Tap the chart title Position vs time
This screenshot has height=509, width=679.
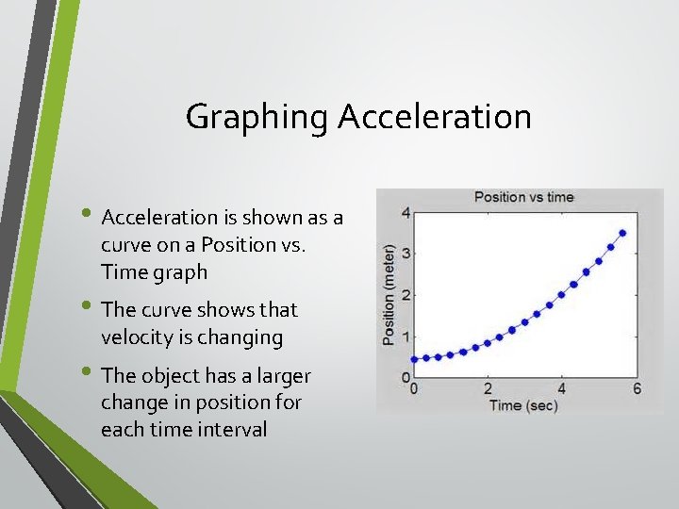(523, 197)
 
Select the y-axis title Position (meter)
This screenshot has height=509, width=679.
(389, 295)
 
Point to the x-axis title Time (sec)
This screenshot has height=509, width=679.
(523, 405)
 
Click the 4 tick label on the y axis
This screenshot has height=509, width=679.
(406, 213)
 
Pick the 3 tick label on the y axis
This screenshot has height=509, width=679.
(406, 254)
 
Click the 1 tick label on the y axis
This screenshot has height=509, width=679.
(406, 337)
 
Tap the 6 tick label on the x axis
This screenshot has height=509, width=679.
(637, 389)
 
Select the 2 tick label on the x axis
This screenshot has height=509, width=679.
(488, 389)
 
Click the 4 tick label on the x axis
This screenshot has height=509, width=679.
(562, 389)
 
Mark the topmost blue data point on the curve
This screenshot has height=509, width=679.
(622, 233)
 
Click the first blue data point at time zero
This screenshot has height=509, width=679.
(415, 359)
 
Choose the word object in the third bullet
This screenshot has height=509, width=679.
(174, 376)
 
